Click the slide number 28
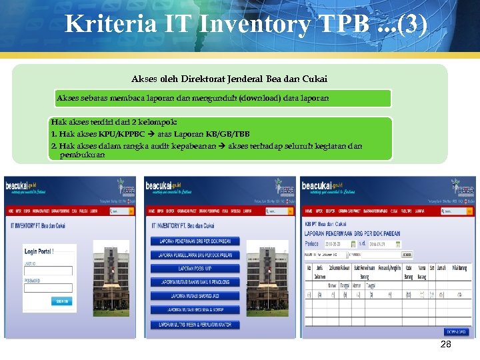[x=446, y=344]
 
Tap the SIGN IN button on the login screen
[x=62, y=301]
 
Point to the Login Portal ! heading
[x=39, y=251]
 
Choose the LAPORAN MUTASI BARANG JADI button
[x=195, y=295]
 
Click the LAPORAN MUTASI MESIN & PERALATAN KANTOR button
[x=195, y=325]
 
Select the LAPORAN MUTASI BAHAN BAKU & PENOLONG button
[x=195, y=282]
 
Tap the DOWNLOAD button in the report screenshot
[x=457, y=331]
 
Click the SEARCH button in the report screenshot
[x=407, y=255]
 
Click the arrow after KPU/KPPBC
[x=151, y=134]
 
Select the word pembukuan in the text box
[x=82, y=155]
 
